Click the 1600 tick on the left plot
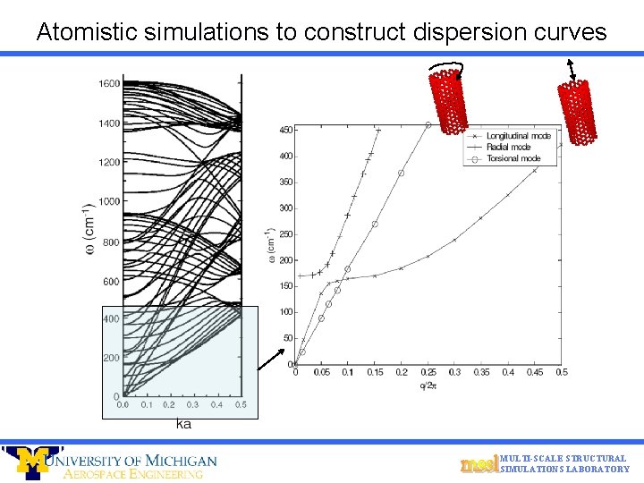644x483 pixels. point(108,84)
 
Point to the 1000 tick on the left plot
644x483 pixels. point(108,201)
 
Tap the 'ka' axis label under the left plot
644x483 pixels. point(183,423)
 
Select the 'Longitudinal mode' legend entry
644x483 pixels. point(518,135)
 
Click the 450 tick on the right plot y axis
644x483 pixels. point(284,130)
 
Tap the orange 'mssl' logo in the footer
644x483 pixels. point(479,464)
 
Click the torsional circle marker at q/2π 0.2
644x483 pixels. point(402,174)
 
